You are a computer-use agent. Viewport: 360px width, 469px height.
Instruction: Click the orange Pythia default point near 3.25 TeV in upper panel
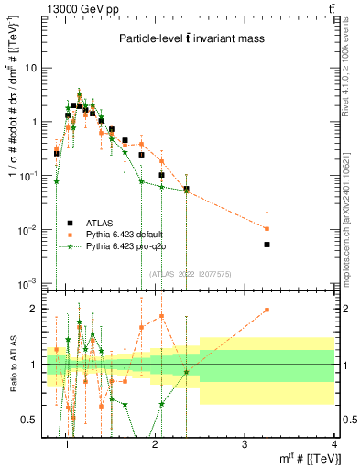(267, 228)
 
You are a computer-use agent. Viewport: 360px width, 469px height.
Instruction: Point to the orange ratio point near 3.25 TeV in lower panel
(267, 310)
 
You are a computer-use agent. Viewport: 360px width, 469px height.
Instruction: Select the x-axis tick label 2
(156, 444)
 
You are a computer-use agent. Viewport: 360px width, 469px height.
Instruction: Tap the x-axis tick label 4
(334, 444)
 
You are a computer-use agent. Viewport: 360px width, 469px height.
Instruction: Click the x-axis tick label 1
(67, 444)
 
